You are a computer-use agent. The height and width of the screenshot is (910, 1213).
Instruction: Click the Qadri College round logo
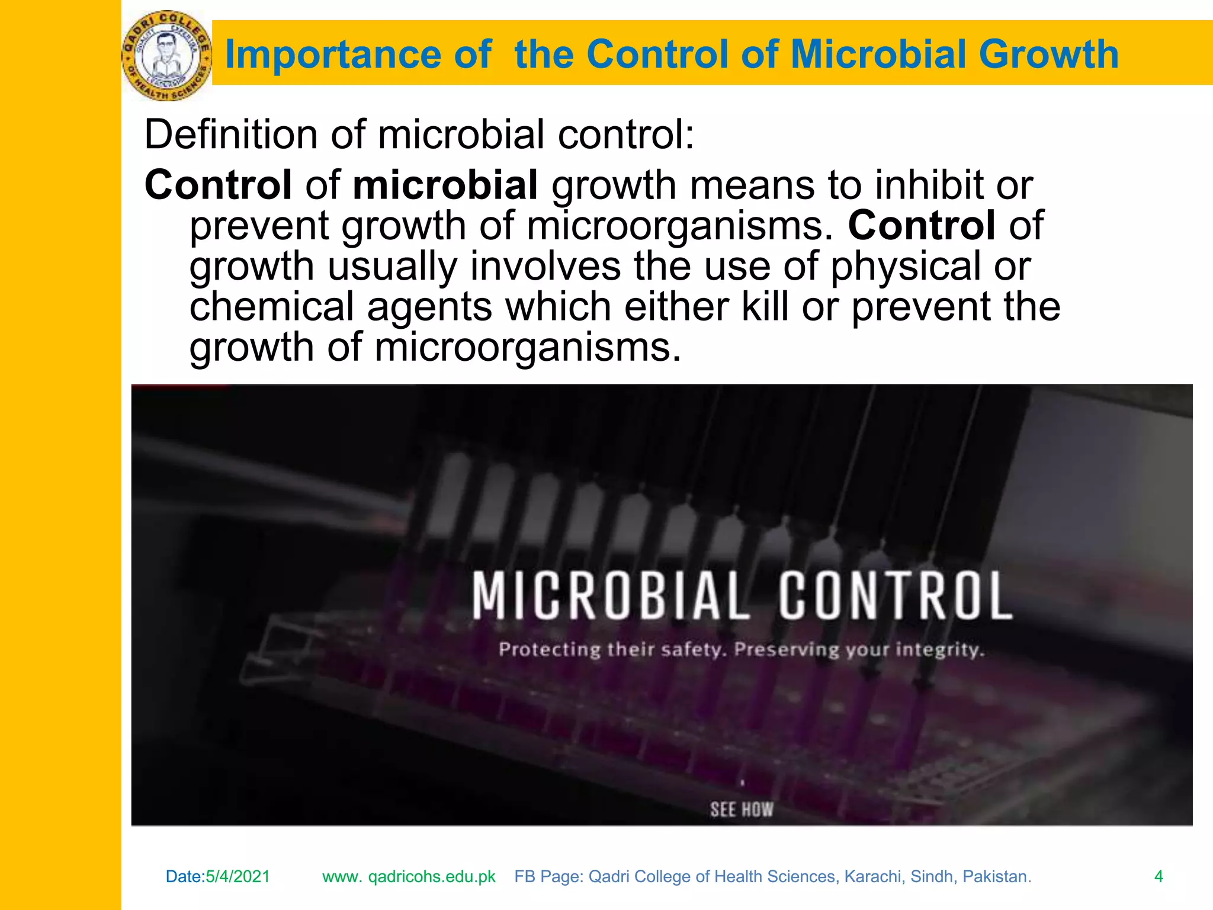click(x=166, y=55)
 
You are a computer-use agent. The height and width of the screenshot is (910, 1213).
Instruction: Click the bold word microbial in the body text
click(x=445, y=185)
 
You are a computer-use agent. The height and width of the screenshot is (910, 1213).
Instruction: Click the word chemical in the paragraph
click(x=271, y=306)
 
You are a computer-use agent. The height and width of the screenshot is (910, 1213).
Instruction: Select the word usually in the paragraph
click(x=392, y=266)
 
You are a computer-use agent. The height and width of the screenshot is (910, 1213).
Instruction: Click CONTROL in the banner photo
click(x=895, y=596)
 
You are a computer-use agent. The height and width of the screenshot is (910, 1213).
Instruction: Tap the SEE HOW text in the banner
click(x=742, y=809)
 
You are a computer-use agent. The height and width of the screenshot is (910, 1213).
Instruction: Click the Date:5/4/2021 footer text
click(x=218, y=876)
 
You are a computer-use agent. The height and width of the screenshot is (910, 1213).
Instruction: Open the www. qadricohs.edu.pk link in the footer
click(x=409, y=876)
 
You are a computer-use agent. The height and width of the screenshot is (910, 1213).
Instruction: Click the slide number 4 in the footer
click(x=1159, y=876)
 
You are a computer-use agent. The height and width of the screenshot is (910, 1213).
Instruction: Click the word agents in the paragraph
click(x=429, y=307)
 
